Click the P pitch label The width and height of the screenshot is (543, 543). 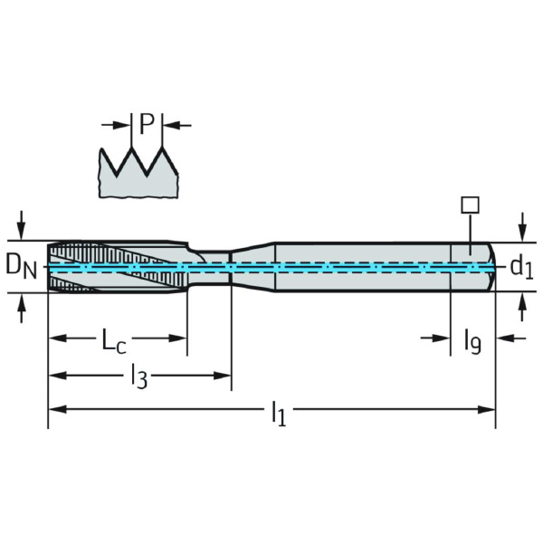[147, 124]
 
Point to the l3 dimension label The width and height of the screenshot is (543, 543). [138, 375]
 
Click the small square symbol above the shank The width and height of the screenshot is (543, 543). [468, 205]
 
